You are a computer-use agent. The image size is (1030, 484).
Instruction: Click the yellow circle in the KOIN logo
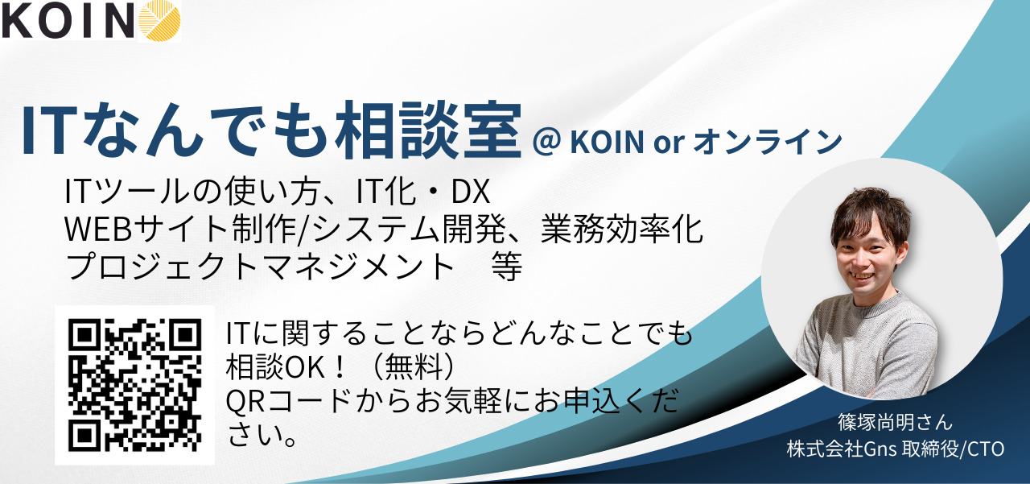point(159,20)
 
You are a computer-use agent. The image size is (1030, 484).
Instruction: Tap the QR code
point(134,385)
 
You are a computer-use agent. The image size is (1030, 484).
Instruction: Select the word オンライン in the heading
point(768,142)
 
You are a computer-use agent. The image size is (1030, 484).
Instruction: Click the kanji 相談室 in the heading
point(429,130)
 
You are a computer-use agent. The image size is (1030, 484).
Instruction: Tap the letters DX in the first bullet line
point(471,192)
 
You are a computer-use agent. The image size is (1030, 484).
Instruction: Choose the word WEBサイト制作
point(180,230)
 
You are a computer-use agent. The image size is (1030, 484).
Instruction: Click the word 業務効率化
point(622,229)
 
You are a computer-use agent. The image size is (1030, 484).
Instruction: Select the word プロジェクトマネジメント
point(260,267)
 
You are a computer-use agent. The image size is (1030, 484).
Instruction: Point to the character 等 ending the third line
point(507,267)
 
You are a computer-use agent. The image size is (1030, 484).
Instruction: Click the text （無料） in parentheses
point(414,367)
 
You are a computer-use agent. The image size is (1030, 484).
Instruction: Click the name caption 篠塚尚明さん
point(895,422)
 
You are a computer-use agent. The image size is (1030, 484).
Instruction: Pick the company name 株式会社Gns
point(842,449)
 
